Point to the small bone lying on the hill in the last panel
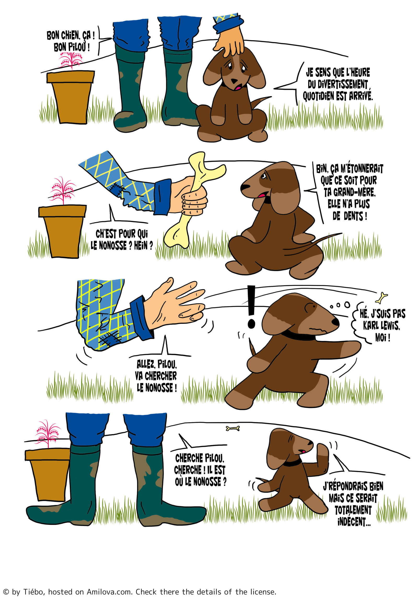point(233,428)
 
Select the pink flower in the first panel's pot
point(71,60)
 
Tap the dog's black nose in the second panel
point(245,187)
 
